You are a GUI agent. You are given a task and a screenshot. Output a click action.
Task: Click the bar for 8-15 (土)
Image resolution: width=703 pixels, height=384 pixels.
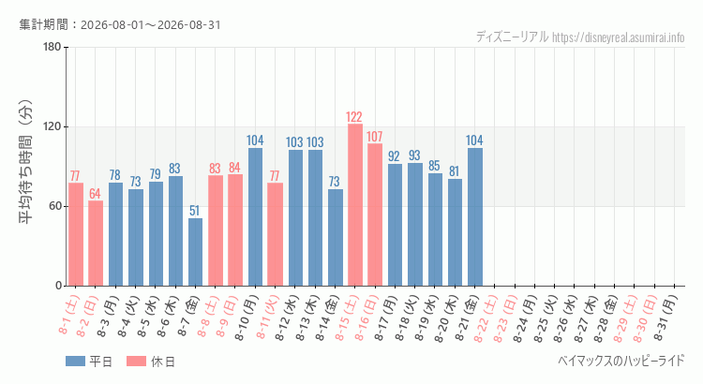click(x=355, y=205)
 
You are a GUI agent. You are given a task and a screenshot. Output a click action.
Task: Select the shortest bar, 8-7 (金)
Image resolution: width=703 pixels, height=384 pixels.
click(x=196, y=252)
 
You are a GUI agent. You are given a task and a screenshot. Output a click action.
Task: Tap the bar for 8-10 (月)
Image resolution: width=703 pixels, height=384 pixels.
click(x=255, y=217)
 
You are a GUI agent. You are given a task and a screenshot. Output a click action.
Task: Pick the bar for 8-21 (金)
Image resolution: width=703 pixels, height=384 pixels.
click(x=475, y=217)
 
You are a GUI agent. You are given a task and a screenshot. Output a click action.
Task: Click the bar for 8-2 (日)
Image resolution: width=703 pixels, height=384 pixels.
click(x=96, y=244)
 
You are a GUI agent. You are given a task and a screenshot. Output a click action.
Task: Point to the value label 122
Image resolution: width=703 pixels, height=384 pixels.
click(x=354, y=117)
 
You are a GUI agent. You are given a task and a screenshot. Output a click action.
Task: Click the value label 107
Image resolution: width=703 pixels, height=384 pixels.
click(x=374, y=137)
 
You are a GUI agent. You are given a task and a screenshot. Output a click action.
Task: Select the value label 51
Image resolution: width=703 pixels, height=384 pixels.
click(x=194, y=211)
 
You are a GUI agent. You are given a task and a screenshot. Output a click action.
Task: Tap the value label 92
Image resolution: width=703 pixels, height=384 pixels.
click(x=394, y=155)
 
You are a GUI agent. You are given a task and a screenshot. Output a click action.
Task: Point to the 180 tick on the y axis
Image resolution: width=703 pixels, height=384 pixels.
click(x=52, y=47)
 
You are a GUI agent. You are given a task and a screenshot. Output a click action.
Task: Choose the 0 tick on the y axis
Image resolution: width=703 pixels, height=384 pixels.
click(x=59, y=286)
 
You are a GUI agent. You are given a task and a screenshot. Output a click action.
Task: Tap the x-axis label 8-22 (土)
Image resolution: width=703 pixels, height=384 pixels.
click(x=486, y=318)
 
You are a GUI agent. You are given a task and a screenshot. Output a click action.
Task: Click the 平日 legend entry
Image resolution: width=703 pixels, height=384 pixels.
click(x=89, y=362)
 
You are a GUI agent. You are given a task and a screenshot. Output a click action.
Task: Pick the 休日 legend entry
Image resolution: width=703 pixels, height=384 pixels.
click(x=151, y=362)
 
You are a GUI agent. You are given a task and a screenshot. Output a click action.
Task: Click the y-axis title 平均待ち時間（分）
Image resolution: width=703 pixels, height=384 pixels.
click(x=25, y=162)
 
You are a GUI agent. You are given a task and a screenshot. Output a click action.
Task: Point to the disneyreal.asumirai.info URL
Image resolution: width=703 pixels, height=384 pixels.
click(x=619, y=37)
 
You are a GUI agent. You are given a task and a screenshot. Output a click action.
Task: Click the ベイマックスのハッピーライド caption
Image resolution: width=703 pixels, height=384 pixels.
click(x=621, y=361)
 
